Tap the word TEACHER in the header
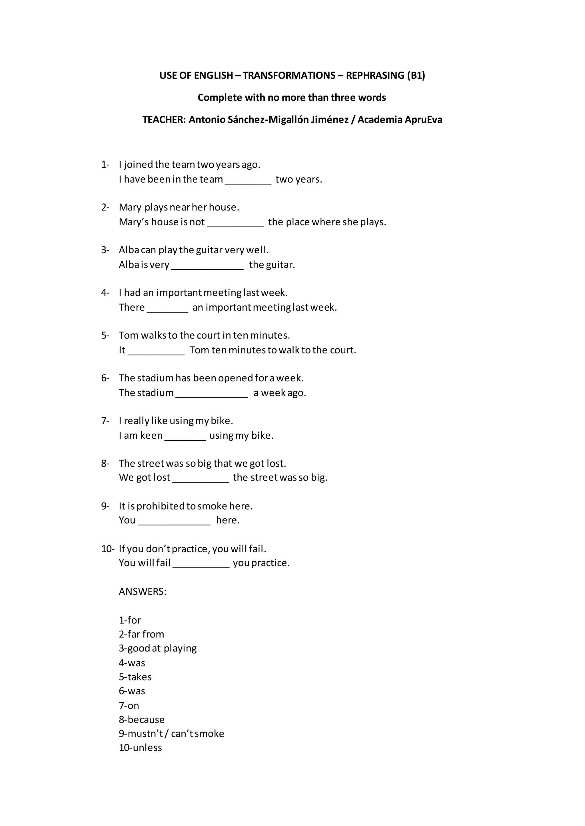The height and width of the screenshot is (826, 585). (x=164, y=120)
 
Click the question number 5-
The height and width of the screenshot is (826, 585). (x=105, y=336)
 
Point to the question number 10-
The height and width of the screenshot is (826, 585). (x=107, y=549)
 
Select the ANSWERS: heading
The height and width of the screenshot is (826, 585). (x=143, y=592)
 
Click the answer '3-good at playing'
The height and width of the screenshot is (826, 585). (x=158, y=648)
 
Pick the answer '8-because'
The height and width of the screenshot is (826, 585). (x=142, y=720)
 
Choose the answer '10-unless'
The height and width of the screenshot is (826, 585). (x=141, y=748)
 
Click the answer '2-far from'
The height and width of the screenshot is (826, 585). (x=142, y=634)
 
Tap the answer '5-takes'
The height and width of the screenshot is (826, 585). (x=135, y=677)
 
